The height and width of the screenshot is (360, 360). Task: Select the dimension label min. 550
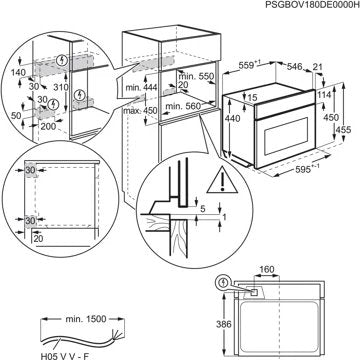pyautogui.click(x=197, y=76)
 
